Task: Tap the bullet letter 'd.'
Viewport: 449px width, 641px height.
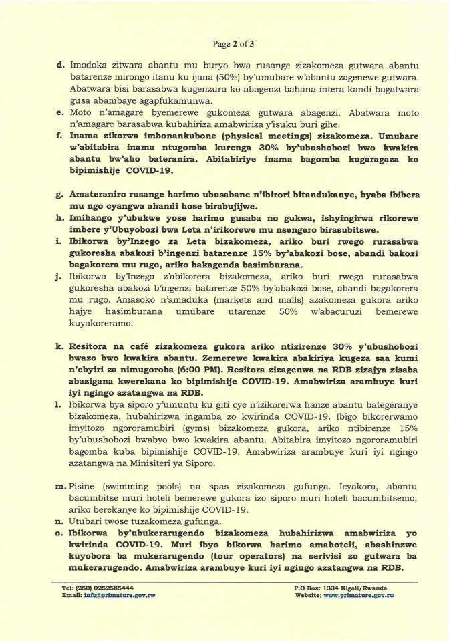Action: tap(60, 66)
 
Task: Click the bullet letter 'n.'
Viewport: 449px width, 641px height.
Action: tap(60, 521)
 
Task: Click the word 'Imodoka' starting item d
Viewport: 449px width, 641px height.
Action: tap(88, 66)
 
